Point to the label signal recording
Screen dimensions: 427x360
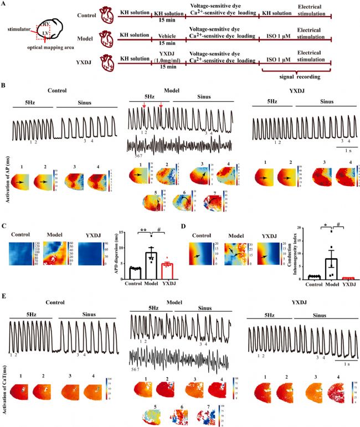[x=297, y=74]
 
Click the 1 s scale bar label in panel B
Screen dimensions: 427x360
[x=347, y=150]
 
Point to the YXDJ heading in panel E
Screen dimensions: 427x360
[x=302, y=303]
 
